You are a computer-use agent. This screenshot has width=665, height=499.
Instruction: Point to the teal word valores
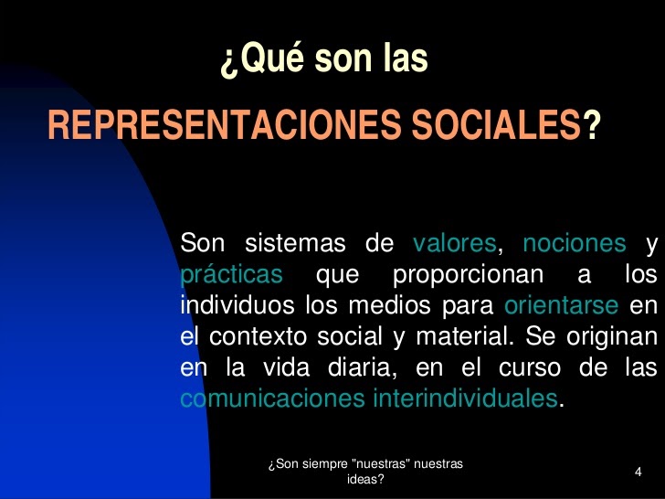tap(455, 244)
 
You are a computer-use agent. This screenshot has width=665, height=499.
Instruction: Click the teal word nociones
tap(575, 244)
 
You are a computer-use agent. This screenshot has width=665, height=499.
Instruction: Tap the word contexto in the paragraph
tap(259, 335)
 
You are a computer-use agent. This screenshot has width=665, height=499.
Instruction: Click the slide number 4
tap(638, 472)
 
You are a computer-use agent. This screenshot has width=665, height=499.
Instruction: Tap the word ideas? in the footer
tap(365, 479)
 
